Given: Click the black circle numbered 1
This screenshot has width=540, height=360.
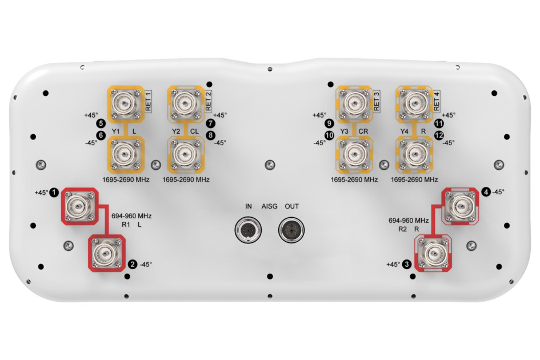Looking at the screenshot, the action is [x=54, y=192].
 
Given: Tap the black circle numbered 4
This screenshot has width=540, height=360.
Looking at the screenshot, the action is [x=486, y=191].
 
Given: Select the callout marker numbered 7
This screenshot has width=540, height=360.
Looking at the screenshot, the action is [x=210, y=123].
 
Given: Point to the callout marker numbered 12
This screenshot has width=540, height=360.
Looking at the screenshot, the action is [x=439, y=135].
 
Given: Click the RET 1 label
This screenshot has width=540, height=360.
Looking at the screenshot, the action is [x=148, y=101].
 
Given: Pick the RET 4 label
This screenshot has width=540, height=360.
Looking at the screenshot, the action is [x=437, y=101].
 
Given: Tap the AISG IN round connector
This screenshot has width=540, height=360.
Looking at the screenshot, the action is [x=248, y=230].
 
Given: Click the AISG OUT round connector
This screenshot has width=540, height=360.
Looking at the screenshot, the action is [x=291, y=230].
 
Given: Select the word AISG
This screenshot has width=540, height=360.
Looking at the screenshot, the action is [x=269, y=206].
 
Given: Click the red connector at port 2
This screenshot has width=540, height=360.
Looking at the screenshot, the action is [x=107, y=253].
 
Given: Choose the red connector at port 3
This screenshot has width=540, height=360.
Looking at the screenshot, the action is [x=434, y=253].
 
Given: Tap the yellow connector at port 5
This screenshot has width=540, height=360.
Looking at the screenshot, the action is [x=125, y=103].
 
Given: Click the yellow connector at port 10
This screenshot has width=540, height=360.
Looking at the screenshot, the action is [x=354, y=154].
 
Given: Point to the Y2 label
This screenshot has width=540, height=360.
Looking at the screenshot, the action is [x=176, y=131].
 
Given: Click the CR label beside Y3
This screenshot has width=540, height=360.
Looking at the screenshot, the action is [x=363, y=131].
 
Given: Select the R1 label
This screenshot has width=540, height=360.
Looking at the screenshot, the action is [x=126, y=225].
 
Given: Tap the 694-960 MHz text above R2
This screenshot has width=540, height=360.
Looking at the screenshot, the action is [x=409, y=220].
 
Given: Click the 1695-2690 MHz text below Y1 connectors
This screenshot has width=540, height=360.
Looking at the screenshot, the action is [x=126, y=179].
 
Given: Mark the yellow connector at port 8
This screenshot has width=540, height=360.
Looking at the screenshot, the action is [x=186, y=154].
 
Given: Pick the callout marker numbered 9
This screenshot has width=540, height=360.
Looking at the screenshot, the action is [x=329, y=123].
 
